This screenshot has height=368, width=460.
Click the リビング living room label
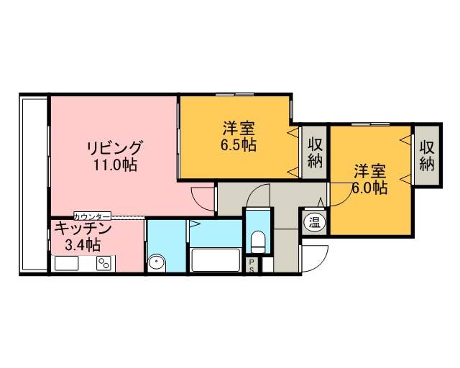[x=116, y=148]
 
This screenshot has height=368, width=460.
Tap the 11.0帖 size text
[x=115, y=165]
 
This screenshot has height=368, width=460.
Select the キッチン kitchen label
[x=83, y=228]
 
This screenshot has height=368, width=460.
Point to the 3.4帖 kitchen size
[x=83, y=245]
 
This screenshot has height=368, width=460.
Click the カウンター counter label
[x=92, y=216]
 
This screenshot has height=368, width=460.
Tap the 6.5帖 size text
[x=239, y=144]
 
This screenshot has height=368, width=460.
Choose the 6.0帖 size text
[x=369, y=188]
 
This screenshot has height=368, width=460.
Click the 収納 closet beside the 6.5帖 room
[x=315, y=152]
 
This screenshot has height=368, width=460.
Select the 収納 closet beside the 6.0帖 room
[x=427, y=155]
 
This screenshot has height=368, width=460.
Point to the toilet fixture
[x=258, y=241]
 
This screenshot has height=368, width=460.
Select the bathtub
[x=216, y=260]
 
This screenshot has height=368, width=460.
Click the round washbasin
[x=157, y=262]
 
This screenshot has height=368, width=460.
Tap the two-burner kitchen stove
[x=104, y=264]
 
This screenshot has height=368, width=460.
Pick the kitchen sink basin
[x=66, y=263]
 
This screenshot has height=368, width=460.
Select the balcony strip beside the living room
[x=34, y=184]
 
